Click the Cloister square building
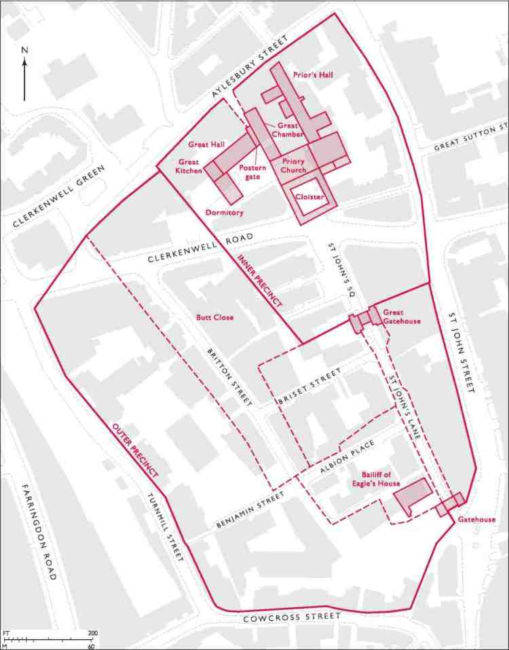click(307, 197)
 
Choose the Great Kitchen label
click(189, 167)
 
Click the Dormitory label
click(224, 212)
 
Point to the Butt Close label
click(211, 317)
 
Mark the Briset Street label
click(309, 392)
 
